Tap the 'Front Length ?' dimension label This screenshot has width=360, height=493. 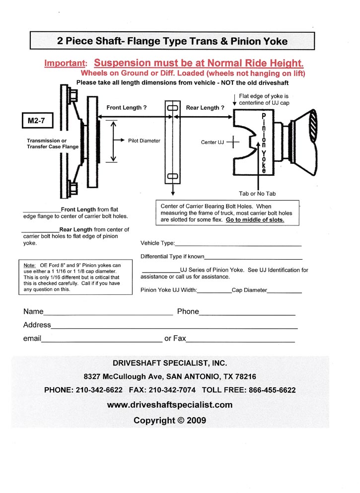click(127, 108)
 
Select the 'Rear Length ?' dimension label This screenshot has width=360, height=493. click(205, 108)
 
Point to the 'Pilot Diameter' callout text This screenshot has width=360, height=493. click(144, 141)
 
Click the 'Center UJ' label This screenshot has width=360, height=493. click(213, 142)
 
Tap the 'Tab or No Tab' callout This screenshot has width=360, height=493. click(257, 194)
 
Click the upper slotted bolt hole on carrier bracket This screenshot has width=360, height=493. click(173, 108)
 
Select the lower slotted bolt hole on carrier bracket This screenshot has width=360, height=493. click(173, 176)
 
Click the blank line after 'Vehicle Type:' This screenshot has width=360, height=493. click(238, 244)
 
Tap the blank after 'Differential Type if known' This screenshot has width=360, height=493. click(253, 258)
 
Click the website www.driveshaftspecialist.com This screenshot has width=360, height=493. click(170, 405)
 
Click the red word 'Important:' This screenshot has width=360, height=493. click(66, 64)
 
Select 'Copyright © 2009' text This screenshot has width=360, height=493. click(170, 421)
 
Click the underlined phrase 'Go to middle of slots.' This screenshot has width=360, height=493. click(255, 219)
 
